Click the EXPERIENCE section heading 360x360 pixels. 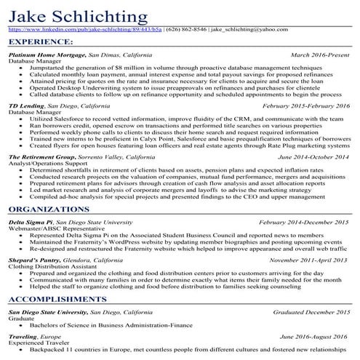tap(36, 43)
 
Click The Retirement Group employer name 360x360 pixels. tap(44, 156)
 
